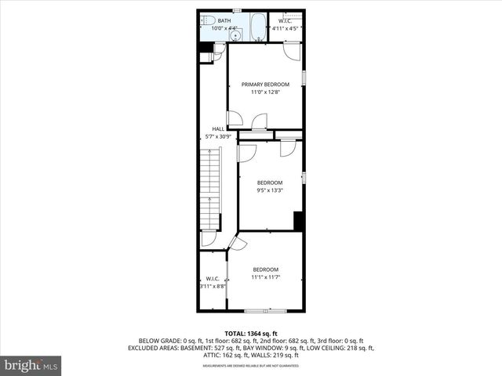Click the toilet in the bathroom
[x=206, y=21]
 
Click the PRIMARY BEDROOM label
[x=265, y=85]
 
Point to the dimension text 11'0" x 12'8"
[x=265, y=92]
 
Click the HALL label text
[x=217, y=128]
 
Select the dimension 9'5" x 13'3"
[x=270, y=190]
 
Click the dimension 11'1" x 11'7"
[x=265, y=277]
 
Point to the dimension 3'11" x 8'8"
[x=212, y=287]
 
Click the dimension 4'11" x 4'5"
[x=286, y=29]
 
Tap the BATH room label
[x=224, y=20]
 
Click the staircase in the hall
[x=210, y=188]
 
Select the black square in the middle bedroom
[x=298, y=220]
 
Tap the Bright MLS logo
[x=31, y=365]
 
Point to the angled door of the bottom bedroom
[x=238, y=244]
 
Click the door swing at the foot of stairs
[x=209, y=239]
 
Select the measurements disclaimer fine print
[x=251, y=366]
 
